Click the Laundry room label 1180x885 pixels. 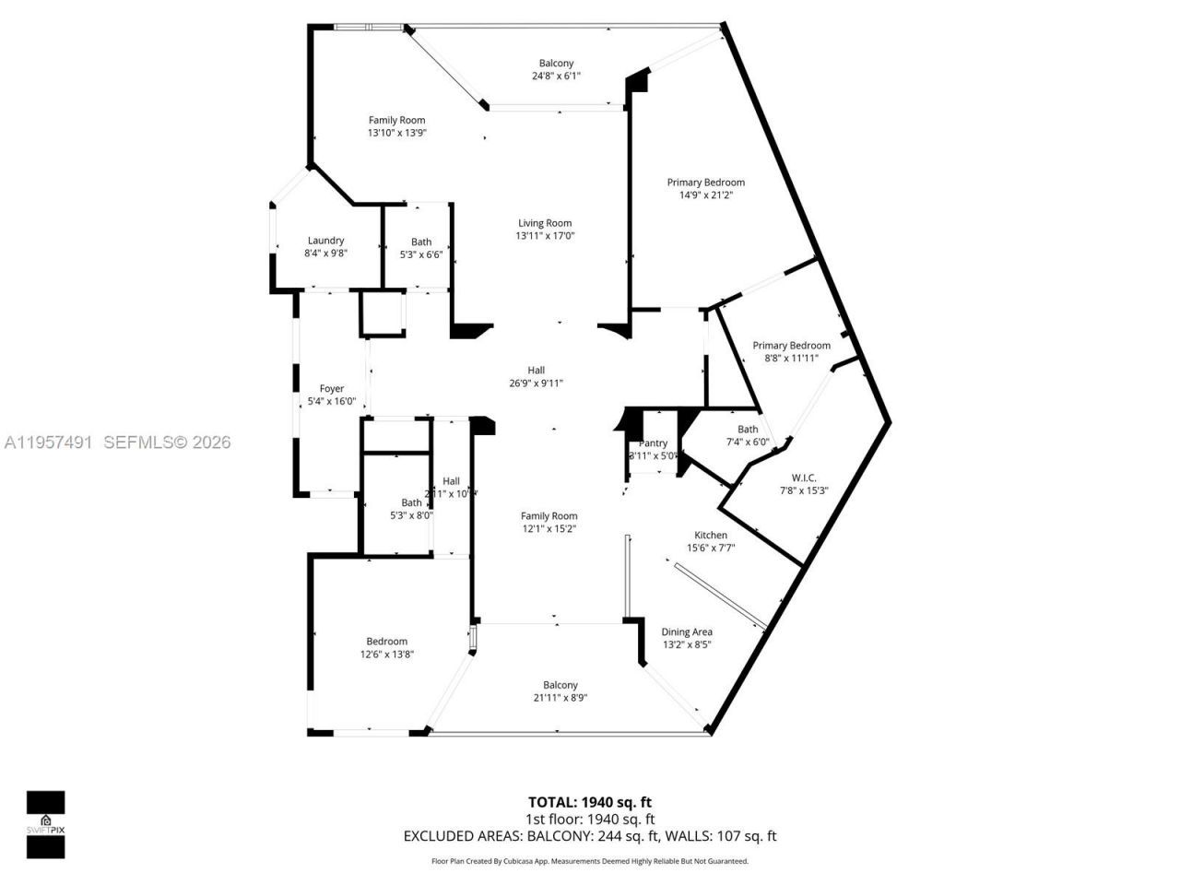pyautogui.click(x=325, y=241)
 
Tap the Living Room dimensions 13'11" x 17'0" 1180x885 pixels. pyautogui.click(x=544, y=236)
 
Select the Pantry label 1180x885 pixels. pyautogui.click(x=653, y=443)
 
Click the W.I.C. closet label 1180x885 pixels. pyautogui.click(x=804, y=478)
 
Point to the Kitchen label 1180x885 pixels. pyautogui.click(x=710, y=535)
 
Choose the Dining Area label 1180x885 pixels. pyautogui.click(x=687, y=631)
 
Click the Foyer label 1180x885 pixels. pyautogui.click(x=331, y=389)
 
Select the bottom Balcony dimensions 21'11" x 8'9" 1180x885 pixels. pyautogui.click(x=560, y=698)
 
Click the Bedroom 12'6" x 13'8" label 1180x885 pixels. pyautogui.click(x=386, y=642)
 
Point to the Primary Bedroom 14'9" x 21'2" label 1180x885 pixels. pyautogui.click(x=705, y=183)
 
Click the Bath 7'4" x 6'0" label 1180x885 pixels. pyautogui.click(x=748, y=430)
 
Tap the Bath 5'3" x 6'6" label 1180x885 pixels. pyautogui.click(x=420, y=242)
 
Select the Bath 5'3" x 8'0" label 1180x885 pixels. pyautogui.click(x=411, y=502)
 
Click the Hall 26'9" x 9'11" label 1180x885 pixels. pyautogui.click(x=536, y=371)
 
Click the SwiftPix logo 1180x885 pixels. pyautogui.click(x=45, y=824)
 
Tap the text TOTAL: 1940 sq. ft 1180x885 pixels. pyautogui.click(x=589, y=802)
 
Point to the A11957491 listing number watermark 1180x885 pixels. pyautogui.click(x=48, y=442)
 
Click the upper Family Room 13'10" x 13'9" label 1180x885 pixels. pyautogui.click(x=396, y=120)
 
